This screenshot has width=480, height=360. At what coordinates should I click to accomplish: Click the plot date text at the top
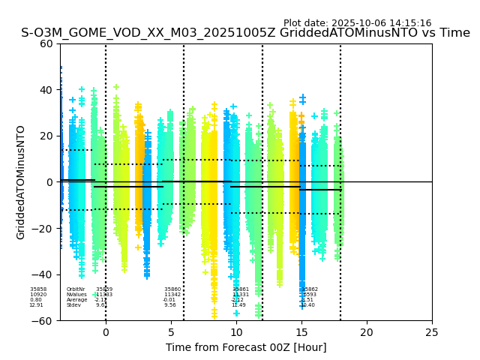pyautogui.click(x=357, y=23)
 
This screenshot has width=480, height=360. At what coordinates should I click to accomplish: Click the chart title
pyautogui.click(x=245, y=33)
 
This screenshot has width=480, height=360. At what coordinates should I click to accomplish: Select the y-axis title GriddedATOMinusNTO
pyautogui.click(x=21, y=182)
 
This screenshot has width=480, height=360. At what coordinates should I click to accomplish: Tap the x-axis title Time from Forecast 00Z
pyautogui.click(x=246, y=347)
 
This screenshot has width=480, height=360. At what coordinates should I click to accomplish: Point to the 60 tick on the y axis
pyautogui.click(x=46, y=43)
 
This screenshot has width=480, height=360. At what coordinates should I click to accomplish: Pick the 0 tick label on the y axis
pyautogui.click(x=50, y=182)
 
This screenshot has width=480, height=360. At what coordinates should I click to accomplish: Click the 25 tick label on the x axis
pyautogui.click(x=432, y=332)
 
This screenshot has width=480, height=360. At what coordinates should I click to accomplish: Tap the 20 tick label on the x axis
pyautogui.click(x=367, y=332)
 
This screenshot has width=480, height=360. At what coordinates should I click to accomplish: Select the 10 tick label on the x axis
pyautogui.click(x=236, y=332)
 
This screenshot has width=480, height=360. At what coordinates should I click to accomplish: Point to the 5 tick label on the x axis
pyautogui.click(x=171, y=332)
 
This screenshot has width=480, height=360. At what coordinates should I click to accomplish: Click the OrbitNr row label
pyautogui.click(x=75, y=289)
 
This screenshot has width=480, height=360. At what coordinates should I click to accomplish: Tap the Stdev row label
pyautogui.click(x=73, y=305)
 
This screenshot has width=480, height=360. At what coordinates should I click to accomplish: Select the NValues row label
pyautogui.click(x=76, y=295)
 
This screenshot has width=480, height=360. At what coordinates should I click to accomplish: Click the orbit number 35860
pyautogui.click(x=172, y=289)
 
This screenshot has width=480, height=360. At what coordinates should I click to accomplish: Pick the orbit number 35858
pyautogui.click(x=37, y=289)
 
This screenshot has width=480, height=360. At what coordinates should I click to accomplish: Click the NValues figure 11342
pyautogui.click(x=172, y=295)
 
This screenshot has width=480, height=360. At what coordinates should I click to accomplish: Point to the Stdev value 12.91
pyautogui.click(x=36, y=305)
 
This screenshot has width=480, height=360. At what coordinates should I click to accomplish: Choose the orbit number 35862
pyautogui.click(x=310, y=289)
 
